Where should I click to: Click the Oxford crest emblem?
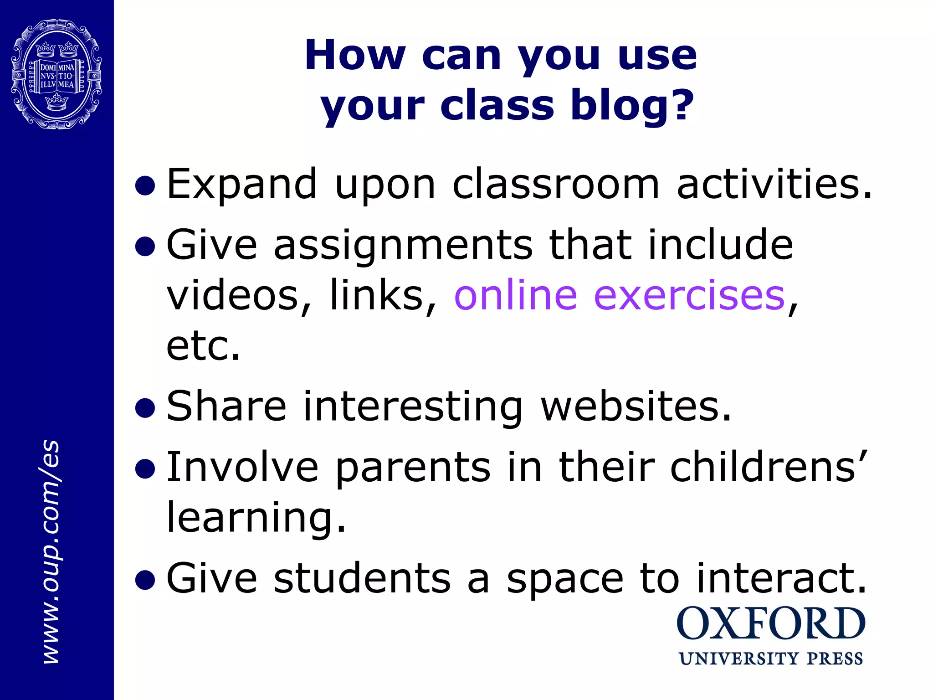pyautogui.click(x=56, y=74)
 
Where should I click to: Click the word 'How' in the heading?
pyautogui.click(x=355, y=55)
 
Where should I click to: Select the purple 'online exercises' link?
pyautogui.click(x=620, y=296)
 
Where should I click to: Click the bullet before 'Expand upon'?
pyautogui.click(x=145, y=185)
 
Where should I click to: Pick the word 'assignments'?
pyautogui.click(x=403, y=245)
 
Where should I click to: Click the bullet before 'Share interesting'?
pyautogui.click(x=145, y=407)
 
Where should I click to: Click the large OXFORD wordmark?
pyautogui.click(x=770, y=623)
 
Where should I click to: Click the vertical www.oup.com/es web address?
pyautogui.click(x=51, y=551)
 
